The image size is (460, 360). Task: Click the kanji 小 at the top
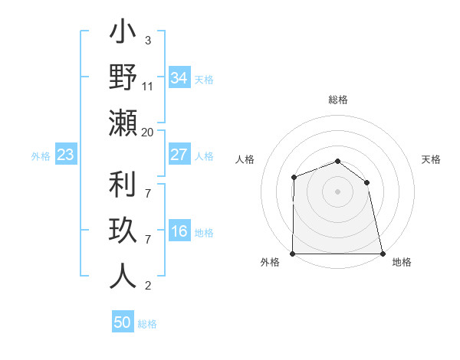coord(123,34)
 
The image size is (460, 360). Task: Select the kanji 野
coord(123,78)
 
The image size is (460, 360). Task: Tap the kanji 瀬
coord(123,123)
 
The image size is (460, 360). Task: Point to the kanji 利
coord(123,185)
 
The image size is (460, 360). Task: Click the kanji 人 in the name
coord(123,276)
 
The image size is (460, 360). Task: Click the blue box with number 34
coord(179,78)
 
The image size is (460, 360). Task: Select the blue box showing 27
coord(179,155)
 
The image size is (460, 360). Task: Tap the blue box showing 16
coord(179,231)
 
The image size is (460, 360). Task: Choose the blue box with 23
coord(66,155)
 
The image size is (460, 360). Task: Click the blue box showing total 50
coord(123,322)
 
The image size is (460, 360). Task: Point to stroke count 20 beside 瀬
coord(148,133)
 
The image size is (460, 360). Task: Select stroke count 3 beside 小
coord(147,41)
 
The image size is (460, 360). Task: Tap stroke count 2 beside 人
coord(147,286)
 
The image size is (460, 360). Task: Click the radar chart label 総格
coord(338,100)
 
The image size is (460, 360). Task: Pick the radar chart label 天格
coord(432,159)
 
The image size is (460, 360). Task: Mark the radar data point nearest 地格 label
coord(383,254)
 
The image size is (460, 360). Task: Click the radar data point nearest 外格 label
coord(293,254)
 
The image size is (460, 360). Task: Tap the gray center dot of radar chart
coord(338,191)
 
